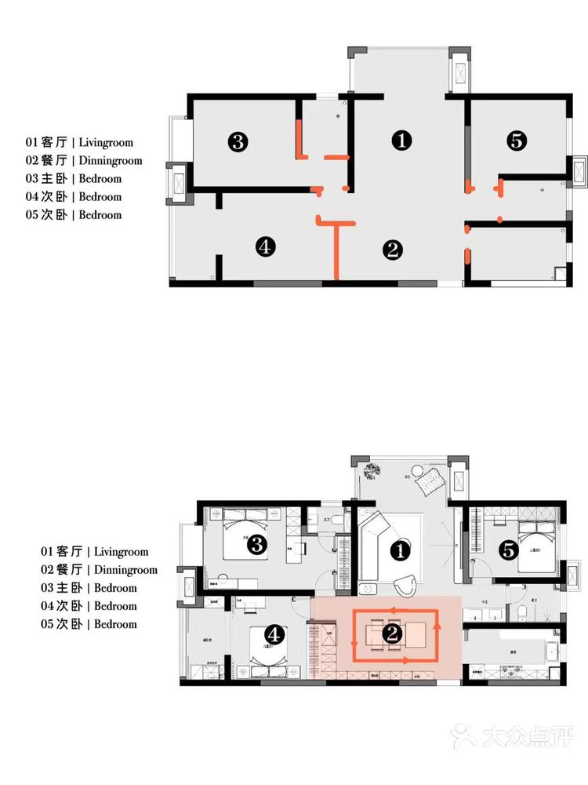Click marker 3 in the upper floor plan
click(238, 142)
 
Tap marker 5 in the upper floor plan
click(517, 141)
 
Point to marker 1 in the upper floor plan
click(401, 141)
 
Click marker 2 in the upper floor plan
click(392, 250)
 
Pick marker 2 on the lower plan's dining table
click(392, 632)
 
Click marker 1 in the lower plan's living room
click(401, 551)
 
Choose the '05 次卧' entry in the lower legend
click(62, 624)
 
